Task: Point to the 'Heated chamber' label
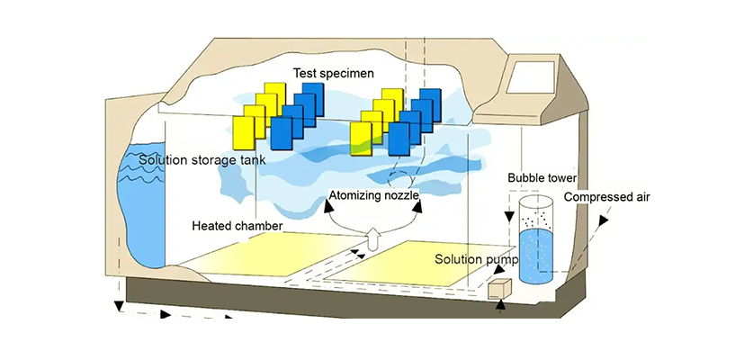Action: pyautogui.click(x=238, y=225)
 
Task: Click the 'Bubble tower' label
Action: pyautogui.click(x=542, y=178)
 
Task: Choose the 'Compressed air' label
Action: pyautogui.click(x=606, y=197)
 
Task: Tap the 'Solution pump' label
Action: pyautogui.click(x=477, y=259)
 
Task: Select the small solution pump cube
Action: pyautogui.click(x=497, y=288)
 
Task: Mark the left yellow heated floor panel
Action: pyautogui.click(x=254, y=254)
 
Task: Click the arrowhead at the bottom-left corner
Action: pyautogui.click(x=117, y=308)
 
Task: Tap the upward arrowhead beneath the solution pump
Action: pyautogui.click(x=501, y=306)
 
